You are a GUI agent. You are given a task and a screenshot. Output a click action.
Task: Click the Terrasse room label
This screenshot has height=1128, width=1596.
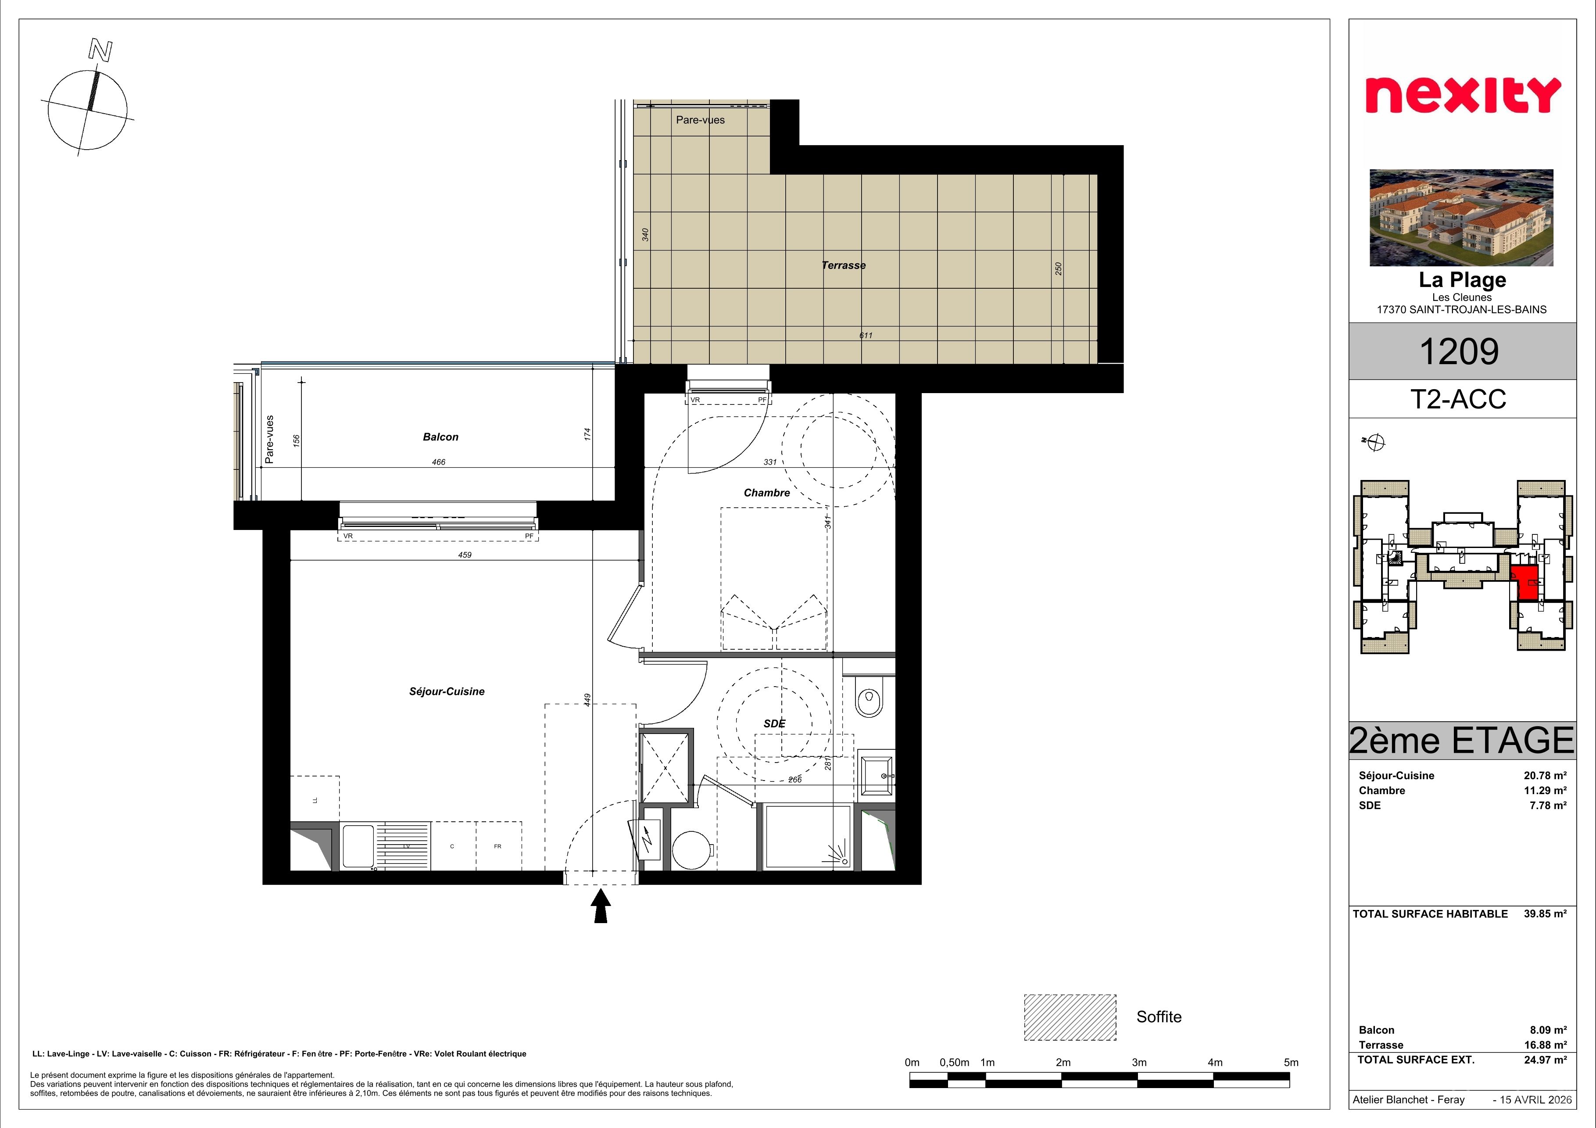(843, 265)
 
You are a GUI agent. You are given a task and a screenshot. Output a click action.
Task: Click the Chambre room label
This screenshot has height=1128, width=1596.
(767, 493)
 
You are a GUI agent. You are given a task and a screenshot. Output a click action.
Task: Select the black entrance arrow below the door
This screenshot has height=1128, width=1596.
(601, 907)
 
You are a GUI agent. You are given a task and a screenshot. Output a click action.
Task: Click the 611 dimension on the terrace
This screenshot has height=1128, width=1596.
(866, 336)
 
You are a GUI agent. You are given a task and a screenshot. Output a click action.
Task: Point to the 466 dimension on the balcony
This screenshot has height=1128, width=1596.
(438, 462)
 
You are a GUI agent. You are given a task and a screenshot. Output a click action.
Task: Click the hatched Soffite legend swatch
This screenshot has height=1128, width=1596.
(1070, 1017)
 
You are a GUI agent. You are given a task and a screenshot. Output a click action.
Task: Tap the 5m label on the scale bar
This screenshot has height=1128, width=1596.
(1291, 1063)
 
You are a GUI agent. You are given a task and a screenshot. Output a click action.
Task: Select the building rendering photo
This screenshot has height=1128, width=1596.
(1461, 218)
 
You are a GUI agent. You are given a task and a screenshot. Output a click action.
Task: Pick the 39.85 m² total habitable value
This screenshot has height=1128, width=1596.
(1545, 914)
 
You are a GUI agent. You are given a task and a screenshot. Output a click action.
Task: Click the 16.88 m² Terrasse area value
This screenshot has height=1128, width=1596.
(1545, 1045)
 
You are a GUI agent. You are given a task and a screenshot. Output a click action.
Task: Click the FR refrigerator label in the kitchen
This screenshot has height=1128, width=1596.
(497, 846)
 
